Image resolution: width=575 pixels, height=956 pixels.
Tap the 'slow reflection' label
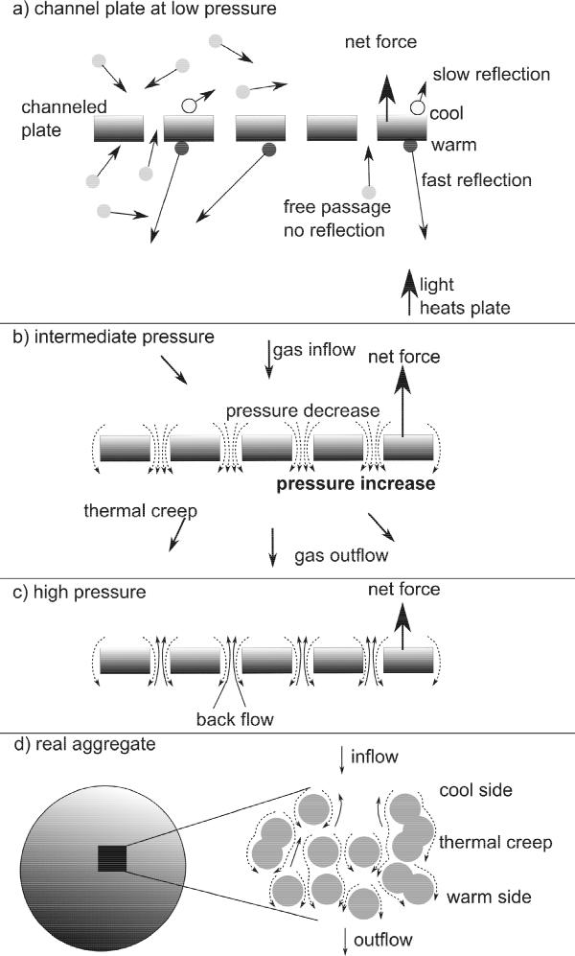492,74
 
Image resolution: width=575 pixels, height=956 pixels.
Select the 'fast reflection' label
475,179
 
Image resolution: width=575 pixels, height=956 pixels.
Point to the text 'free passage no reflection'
334,218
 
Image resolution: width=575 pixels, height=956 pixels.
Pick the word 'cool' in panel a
448,113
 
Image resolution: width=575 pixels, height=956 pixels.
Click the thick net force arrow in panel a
387,96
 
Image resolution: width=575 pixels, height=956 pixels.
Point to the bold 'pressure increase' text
356,484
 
